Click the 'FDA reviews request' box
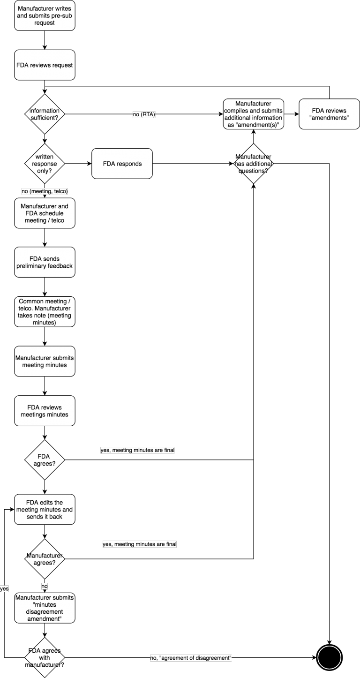(x=45, y=65)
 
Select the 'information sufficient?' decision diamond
(x=45, y=114)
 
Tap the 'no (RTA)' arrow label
(x=144, y=114)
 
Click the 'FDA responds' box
(x=122, y=164)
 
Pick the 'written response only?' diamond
(x=45, y=164)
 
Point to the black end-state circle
(x=330, y=657)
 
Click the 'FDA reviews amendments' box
(x=330, y=114)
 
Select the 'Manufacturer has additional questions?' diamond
(x=254, y=164)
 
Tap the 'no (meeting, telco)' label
(x=45, y=191)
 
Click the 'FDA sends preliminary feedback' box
(x=45, y=262)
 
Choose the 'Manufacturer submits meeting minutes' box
(x=45, y=362)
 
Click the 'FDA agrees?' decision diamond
(x=45, y=460)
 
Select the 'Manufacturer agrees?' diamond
(x=45, y=559)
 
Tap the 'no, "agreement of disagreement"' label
(x=191, y=658)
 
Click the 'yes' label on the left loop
(x=4, y=589)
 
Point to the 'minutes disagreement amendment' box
(x=45, y=608)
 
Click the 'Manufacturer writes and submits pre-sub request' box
(x=45, y=15)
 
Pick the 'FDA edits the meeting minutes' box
(x=45, y=509)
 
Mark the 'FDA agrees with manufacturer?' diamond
(x=45, y=657)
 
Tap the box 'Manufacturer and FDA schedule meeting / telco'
(x=45, y=213)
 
